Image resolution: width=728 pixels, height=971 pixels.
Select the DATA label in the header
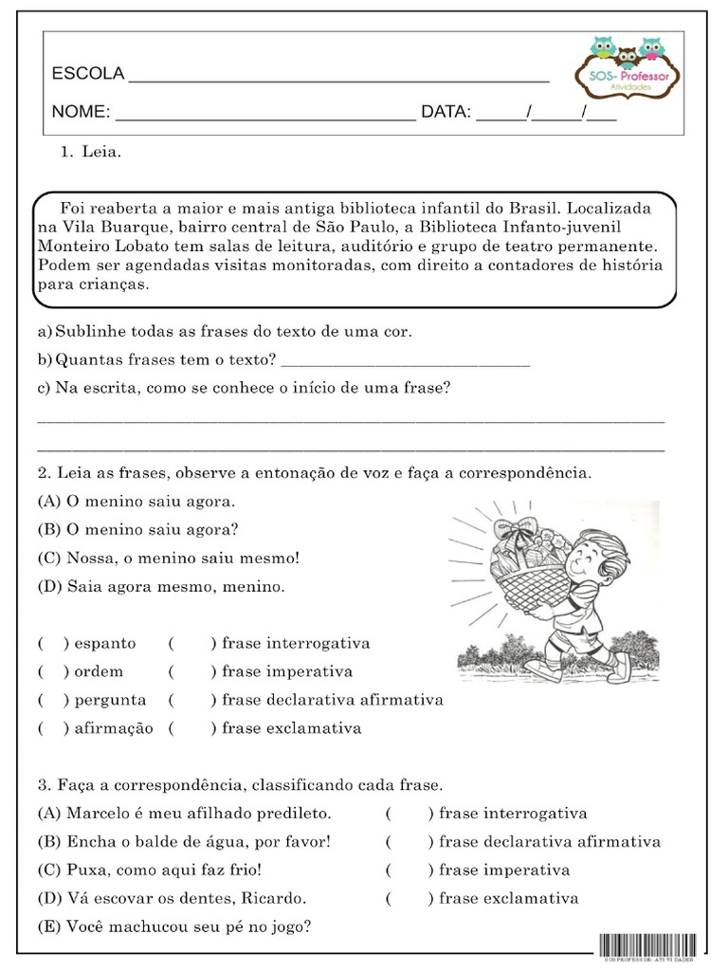coord(446,113)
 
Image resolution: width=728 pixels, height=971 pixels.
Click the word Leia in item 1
coord(101,151)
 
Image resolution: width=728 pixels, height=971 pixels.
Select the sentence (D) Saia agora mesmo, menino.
coord(161,586)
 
